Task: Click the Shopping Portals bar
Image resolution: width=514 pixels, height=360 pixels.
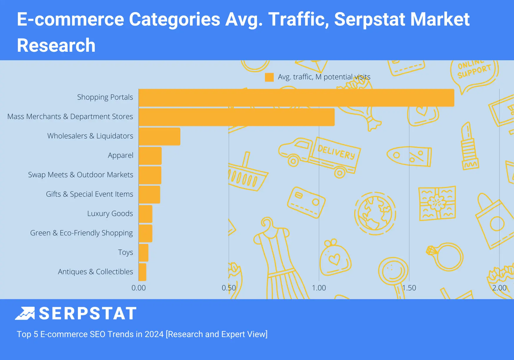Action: click(296, 98)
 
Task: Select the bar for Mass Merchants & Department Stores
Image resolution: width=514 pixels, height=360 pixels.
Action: click(236, 117)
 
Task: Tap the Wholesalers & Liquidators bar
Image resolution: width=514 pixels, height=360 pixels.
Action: click(159, 136)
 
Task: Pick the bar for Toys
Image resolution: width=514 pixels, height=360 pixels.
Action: click(143, 253)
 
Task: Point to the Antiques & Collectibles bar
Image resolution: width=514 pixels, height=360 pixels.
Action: click(142, 272)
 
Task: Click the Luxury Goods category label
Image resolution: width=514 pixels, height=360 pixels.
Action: click(110, 214)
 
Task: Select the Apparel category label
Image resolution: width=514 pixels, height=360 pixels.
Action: click(120, 155)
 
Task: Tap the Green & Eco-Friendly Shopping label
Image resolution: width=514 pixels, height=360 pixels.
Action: click(81, 233)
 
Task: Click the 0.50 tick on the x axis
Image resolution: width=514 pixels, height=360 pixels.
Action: click(229, 288)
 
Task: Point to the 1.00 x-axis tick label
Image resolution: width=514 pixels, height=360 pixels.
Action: click(319, 288)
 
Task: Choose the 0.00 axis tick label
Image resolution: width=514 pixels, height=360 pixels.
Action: click(138, 288)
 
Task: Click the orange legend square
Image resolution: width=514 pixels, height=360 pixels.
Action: click(269, 77)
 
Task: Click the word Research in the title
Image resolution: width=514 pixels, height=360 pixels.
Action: click(56, 46)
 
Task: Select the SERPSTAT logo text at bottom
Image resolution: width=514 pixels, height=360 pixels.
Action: click(88, 314)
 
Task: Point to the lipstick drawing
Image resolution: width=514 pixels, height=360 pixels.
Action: click(469, 147)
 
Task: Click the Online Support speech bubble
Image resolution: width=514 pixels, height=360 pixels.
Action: click(473, 72)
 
